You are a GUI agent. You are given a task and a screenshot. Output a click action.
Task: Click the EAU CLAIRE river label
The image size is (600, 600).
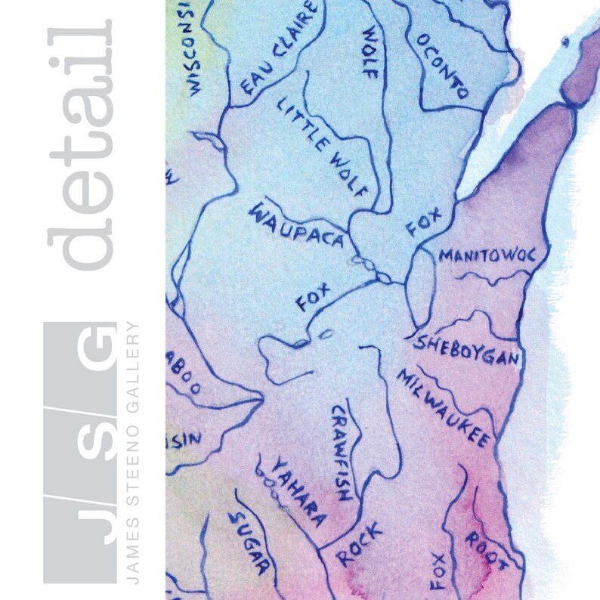coord(277,48)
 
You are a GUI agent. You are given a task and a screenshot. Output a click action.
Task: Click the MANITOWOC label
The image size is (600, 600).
coord(487,255)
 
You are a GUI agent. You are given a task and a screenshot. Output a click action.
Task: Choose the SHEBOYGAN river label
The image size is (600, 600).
coord(468,351)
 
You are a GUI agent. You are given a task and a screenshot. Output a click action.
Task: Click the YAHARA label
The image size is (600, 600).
coord(298,492)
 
